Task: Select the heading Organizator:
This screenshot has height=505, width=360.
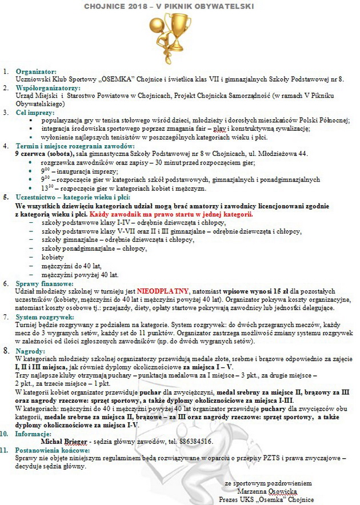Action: point(36,71)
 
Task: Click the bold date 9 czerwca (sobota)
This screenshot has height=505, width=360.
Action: point(47,154)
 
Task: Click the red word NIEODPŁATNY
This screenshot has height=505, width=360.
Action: point(163,290)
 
